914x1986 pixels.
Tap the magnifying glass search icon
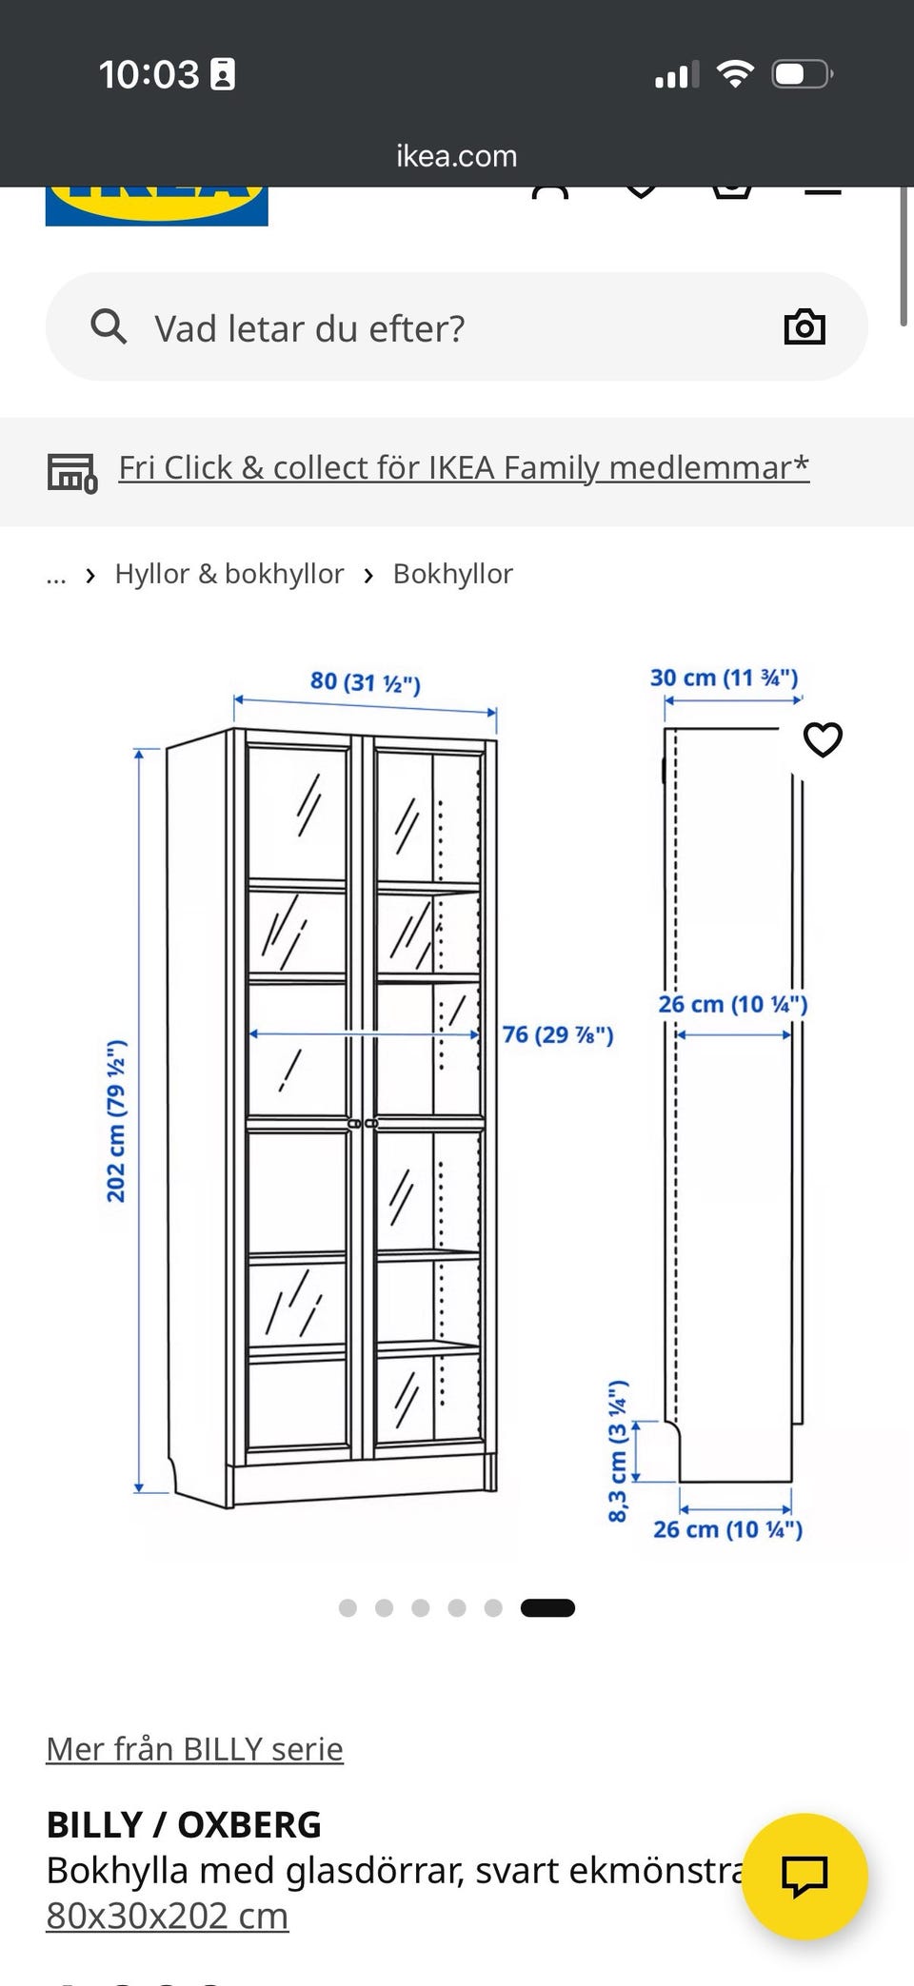(x=109, y=326)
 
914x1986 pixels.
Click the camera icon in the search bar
(x=805, y=326)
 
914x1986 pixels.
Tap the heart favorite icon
(x=824, y=739)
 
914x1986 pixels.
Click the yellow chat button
(x=805, y=1876)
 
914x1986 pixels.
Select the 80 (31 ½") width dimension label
(x=366, y=681)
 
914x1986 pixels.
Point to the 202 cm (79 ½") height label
(x=115, y=1122)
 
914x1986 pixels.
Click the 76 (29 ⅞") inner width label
(x=558, y=1034)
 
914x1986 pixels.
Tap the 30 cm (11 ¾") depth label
(x=725, y=678)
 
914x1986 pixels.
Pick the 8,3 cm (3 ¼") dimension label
(x=618, y=1450)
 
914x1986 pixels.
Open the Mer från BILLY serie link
(x=195, y=1749)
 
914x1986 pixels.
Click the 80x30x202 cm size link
(x=168, y=1916)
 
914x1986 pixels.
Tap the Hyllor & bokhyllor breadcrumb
(x=229, y=574)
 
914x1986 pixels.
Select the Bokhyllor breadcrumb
(x=453, y=574)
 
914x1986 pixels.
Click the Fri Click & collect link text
(x=464, y=467)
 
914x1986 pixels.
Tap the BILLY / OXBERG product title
(x=184, y=1825)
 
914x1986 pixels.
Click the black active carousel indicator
(x=547, y=1608)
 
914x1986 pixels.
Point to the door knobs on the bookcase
(x=363, y=1124)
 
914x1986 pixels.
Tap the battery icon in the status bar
(x=803, y=74)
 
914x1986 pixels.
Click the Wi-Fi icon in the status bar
(x=735, y=73)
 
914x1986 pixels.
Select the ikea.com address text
(x=457, y=155)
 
